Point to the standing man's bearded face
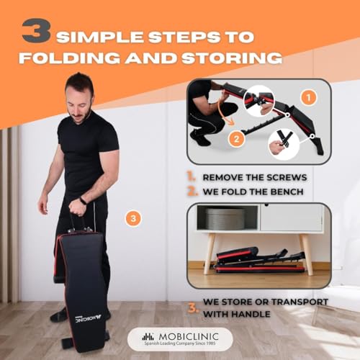coord(78,104)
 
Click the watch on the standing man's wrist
coord(84,200)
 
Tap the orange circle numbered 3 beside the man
coord(131,217)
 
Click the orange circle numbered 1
coord(308,98)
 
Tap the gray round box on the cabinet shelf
coord(225,219)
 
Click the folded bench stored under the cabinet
coord(255,261)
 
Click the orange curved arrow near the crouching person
coord(218,117)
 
